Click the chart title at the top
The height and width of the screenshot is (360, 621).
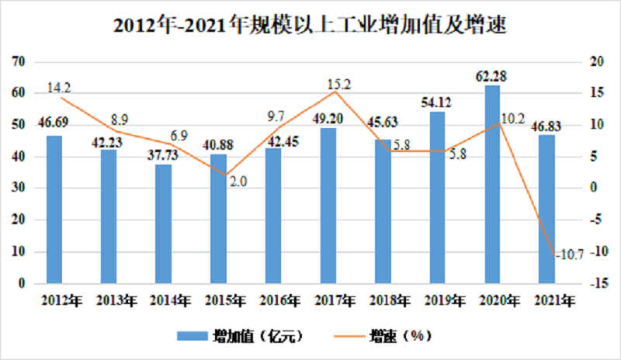point(310,25)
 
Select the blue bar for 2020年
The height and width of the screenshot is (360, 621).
point(492,184)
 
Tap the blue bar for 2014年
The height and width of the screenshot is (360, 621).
point(163,223)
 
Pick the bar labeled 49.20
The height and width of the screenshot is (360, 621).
point(328,206)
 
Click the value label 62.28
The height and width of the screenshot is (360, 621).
point(491,76)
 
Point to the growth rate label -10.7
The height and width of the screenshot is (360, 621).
point(570,254)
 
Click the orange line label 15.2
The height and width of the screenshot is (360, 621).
point(339,85)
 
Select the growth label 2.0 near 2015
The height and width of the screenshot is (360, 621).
point(238,182)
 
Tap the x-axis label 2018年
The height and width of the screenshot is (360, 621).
point(390,301)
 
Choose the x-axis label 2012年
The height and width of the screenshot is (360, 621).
point(62,301)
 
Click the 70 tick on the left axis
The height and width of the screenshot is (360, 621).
point(19,61)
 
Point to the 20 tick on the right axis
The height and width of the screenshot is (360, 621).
point(597,61)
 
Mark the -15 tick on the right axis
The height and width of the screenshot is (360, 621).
point(598,283)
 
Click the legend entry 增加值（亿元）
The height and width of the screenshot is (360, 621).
point(240,336)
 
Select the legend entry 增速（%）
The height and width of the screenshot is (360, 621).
point(383,336)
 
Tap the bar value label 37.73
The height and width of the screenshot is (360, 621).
point(163,154)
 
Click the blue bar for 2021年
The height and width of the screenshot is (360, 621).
point(546,209)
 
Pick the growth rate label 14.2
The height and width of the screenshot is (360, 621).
point(59,88)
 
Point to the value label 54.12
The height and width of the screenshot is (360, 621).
point(436,102)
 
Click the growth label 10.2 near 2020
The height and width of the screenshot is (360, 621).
point(513,119)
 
